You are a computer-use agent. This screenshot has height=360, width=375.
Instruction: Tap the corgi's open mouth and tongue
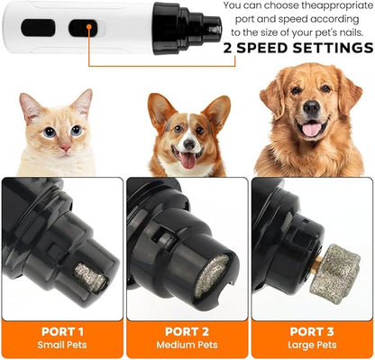[188, 161]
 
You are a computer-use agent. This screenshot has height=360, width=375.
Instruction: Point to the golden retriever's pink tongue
[311, 130]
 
